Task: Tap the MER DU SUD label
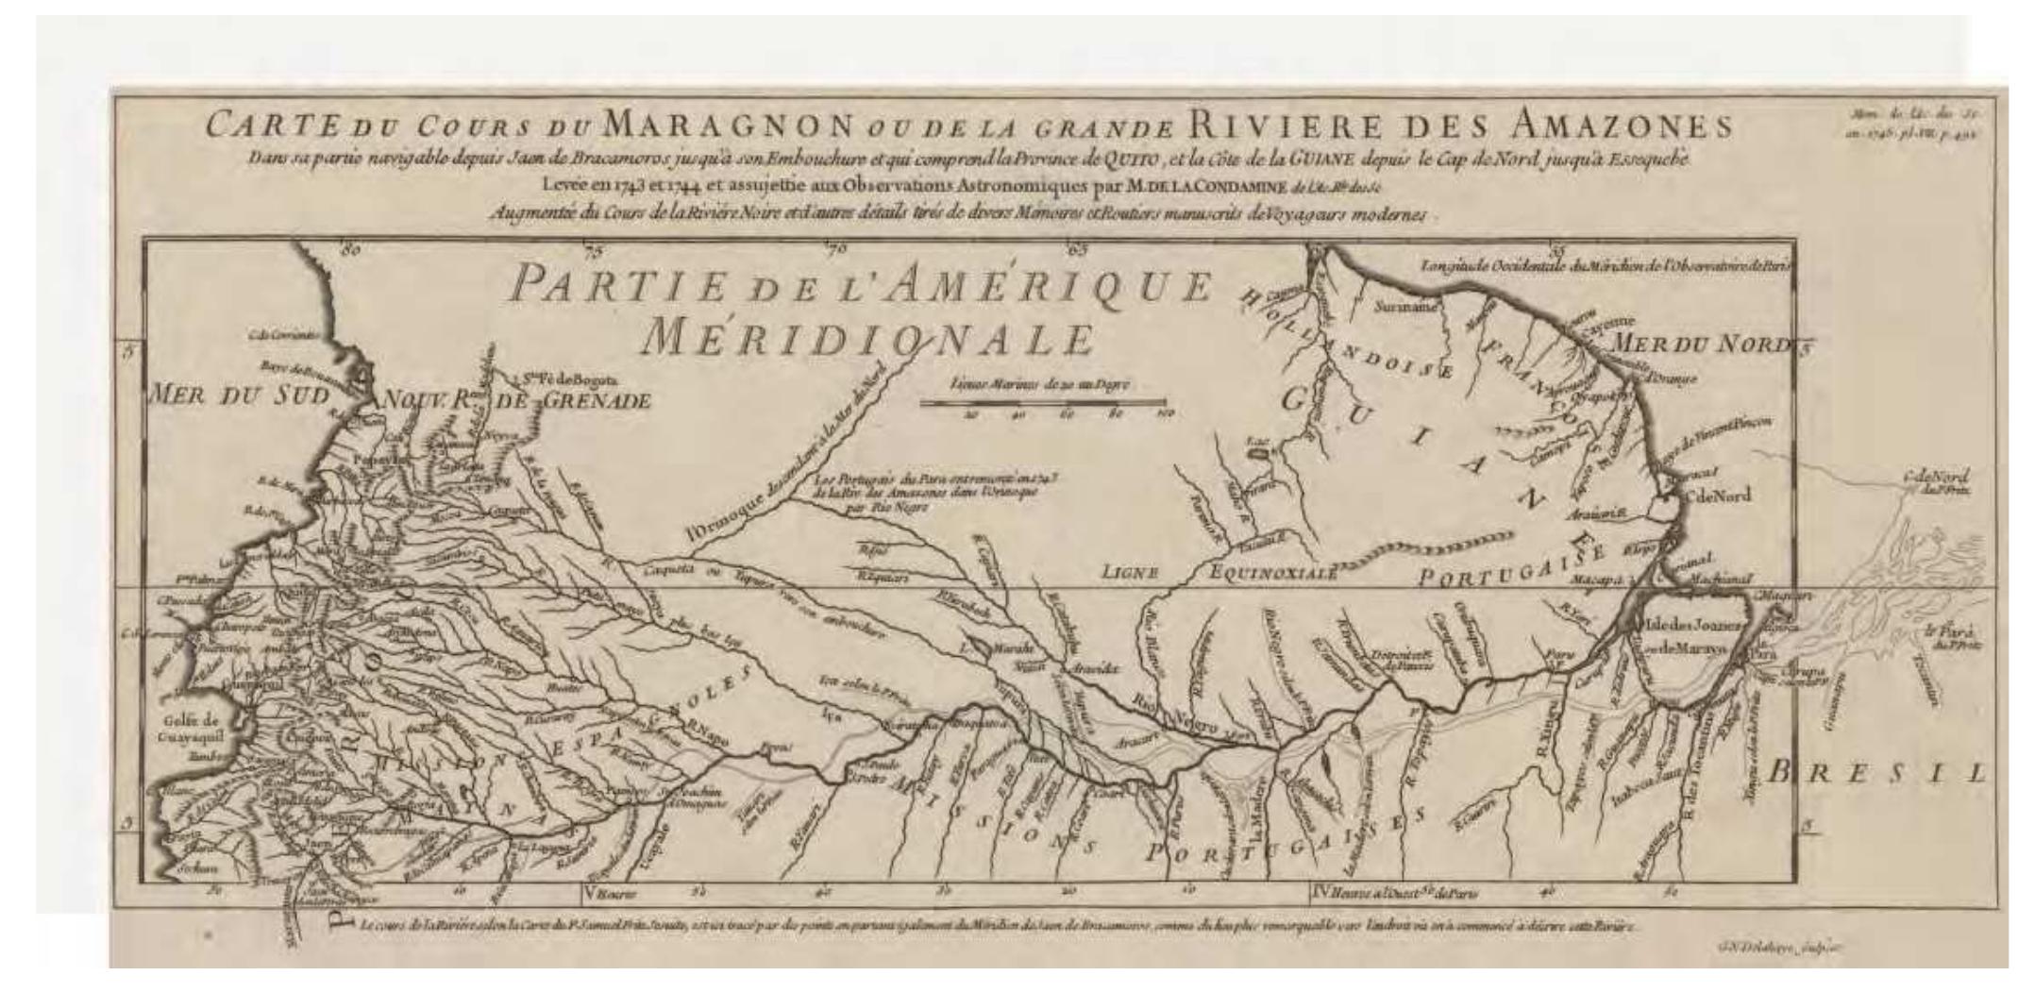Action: click(x=239, y=396)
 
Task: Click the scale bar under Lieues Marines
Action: click(x=1043, y=402)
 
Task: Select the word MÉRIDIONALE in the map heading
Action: click(x=866, y=338)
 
